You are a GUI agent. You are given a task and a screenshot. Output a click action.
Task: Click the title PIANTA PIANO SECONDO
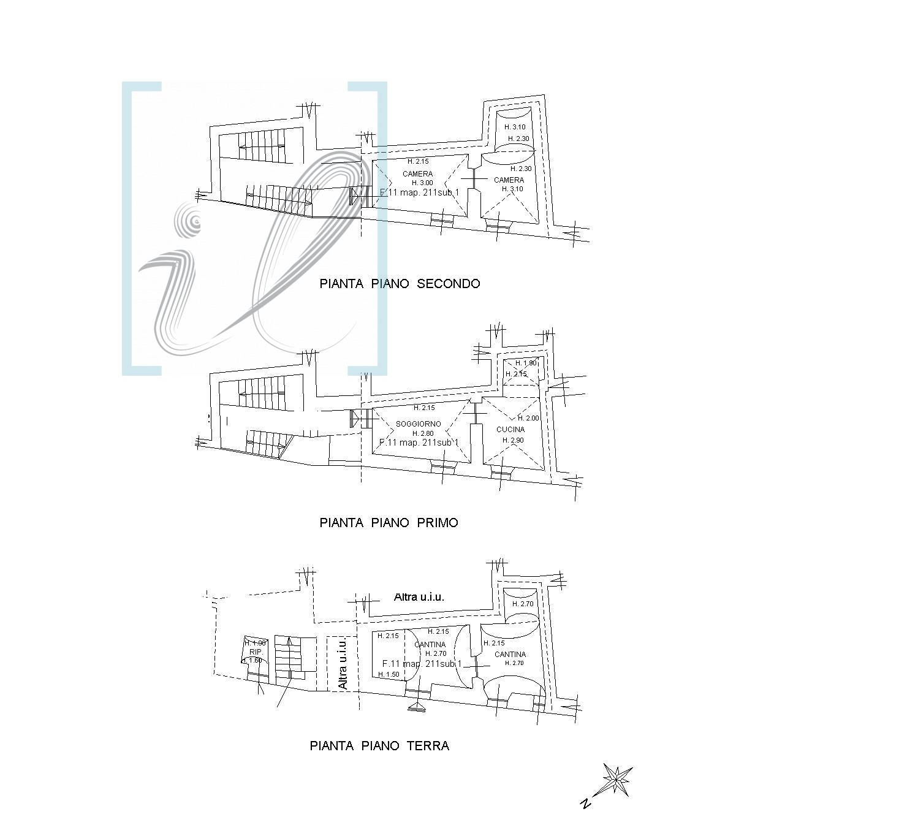[400, 284]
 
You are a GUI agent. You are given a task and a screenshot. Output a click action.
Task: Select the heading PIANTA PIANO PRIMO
[389, 523]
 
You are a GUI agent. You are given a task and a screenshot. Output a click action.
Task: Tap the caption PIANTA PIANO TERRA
[379, 746]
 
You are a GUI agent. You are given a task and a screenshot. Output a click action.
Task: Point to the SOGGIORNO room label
[419, 424]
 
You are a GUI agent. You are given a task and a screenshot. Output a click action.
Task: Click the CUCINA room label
[510, 430]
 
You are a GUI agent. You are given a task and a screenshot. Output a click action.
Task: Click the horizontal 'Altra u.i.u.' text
[419, 596]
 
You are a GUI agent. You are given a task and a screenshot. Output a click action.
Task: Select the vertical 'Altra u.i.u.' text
[343, 663]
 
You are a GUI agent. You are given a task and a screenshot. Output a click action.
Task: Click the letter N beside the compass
[585, 803]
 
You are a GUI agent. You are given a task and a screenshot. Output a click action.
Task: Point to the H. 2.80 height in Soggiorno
[422, 433]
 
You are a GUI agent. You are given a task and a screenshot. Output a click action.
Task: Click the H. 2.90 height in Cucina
[513, 440]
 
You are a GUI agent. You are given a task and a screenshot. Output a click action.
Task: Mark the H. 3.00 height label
[422, 183]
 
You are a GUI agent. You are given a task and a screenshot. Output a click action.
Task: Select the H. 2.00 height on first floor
[528, 418]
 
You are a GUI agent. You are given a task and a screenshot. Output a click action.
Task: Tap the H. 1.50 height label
[389, 674]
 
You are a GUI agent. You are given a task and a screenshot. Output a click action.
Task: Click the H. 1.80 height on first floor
[526, 363]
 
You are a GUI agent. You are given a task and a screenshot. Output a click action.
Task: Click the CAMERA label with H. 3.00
[417, 174]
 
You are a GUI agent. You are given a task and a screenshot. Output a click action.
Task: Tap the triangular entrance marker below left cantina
[417, 707]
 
